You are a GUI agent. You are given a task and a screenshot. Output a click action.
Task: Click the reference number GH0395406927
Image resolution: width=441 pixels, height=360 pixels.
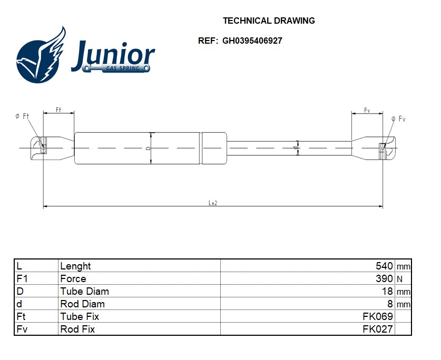[x=252, y=41]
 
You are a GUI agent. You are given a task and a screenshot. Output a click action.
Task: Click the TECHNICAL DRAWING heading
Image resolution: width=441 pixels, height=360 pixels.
[x=269, y=21]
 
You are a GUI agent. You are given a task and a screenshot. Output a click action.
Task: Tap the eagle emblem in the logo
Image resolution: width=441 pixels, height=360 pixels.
[x=41, y=56]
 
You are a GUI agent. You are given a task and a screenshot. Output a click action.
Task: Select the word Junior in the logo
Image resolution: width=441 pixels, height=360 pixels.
[x=113, y=55]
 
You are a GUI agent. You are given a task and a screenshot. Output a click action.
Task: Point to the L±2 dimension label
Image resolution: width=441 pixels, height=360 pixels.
[x=213, y=203]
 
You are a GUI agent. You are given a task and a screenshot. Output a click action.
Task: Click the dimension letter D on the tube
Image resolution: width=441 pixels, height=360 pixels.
[x=148, y=148]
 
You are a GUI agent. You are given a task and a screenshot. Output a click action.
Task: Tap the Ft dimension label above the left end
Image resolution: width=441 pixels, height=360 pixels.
[x=58, y=110]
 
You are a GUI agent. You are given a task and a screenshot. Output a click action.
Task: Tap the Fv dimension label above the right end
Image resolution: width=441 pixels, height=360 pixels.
[x=367, y=111]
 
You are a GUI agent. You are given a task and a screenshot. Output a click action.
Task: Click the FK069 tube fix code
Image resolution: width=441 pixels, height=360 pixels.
[x=378, y=317]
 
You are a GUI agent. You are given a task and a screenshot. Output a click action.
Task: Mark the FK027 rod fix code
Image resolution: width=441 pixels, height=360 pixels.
[x=378, y=329]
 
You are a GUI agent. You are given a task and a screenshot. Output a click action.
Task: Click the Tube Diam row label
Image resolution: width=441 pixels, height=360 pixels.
[x=84, y=292]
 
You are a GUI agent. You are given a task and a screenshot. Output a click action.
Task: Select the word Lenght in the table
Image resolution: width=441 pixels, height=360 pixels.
[x=75, y=266]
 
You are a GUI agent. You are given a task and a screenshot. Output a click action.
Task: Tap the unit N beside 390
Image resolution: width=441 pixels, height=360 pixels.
[x=399, y=279]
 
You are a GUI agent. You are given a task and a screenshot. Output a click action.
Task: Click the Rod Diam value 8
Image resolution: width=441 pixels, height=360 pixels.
[x=390, y=304]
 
